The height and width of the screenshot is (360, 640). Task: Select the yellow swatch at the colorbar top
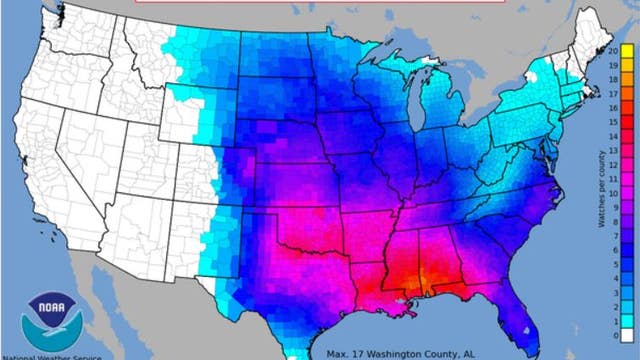point(625,49)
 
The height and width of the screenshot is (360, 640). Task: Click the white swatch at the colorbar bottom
point(625,335)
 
